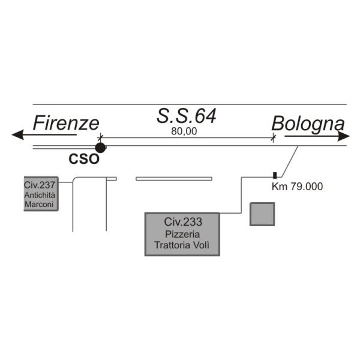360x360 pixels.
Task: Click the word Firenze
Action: (x=66, y=123)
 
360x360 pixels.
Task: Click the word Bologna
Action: (x=308, y=124)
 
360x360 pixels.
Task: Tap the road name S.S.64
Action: (x=187, y=116)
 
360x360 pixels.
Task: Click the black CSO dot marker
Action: (x=100, y=147)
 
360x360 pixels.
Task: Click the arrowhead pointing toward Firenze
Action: (x=18, y=135)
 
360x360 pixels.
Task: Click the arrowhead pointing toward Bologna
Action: (x=344, y=136)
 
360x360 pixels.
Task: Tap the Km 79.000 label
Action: (x=297, y=187)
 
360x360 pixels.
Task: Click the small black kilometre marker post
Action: (x=275, y=175)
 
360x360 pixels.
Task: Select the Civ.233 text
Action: (x=182, y=222)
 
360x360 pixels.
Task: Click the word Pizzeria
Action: (x=182, y=233)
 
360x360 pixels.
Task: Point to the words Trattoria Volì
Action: (x=182, y=245)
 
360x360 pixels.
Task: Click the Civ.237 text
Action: (x=40, y=185)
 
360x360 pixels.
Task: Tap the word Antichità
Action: (x=40, y=195)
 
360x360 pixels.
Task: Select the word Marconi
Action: (x=40, y=205)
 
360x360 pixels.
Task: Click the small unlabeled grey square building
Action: (x=262, y=214)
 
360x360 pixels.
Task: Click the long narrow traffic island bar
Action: (x=174, y=178)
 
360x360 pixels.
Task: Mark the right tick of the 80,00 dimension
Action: (x=273, y=138)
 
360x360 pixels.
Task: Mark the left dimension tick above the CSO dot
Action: (x=100, y=137)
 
